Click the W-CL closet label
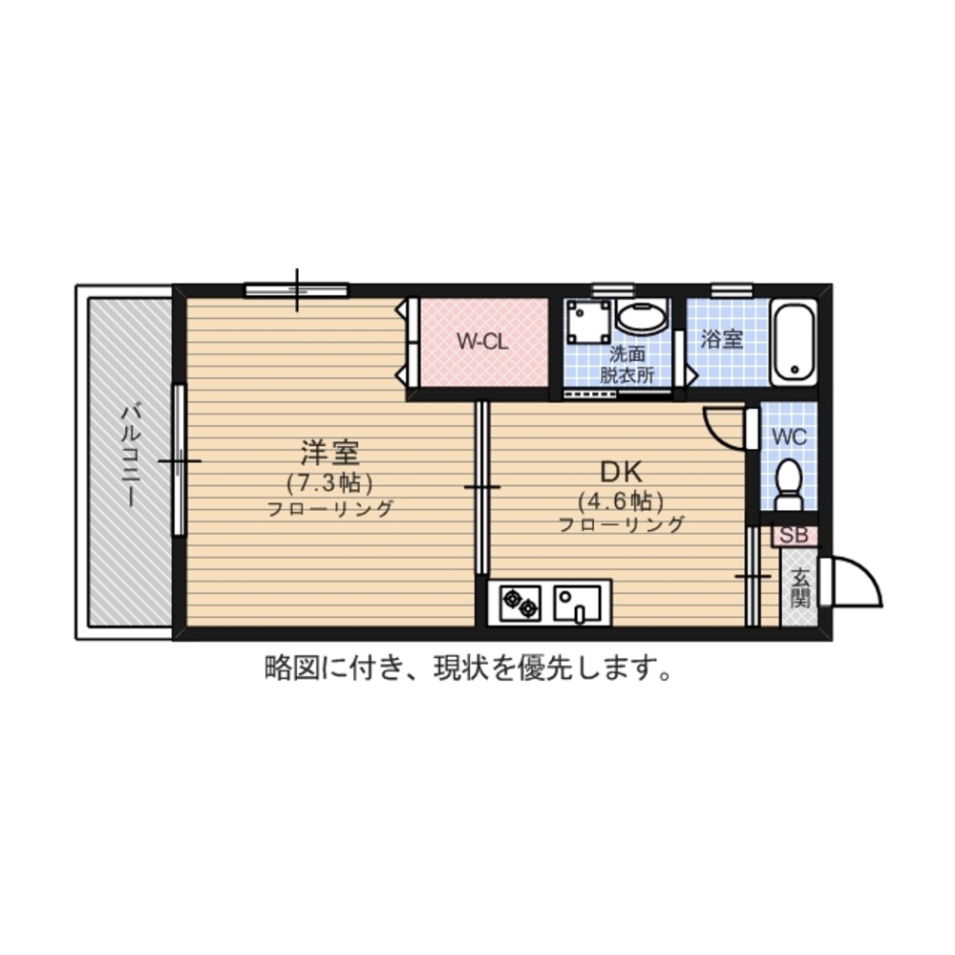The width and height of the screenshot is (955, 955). tap(482, 342)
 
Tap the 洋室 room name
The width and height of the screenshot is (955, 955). tap(330, 453)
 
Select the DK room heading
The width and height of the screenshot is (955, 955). tap(622, 472)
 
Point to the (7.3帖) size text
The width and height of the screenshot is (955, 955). tap(330, 483)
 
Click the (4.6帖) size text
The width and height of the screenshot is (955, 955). tap(622, 501)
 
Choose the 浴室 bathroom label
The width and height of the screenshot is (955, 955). tap(722, 339)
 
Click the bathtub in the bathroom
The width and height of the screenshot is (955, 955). tap(794, 342)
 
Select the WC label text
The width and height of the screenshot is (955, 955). tap(790, 436)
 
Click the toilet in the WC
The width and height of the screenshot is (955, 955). tap(790, 484)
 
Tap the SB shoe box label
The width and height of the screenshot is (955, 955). tap(795, 536)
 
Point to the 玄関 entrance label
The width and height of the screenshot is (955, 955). tap(800, 587)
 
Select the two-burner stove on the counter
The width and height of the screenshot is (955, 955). tap(520, 604)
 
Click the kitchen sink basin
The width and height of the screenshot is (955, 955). tap(576, 604)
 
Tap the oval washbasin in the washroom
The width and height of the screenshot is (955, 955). tap(642, 317)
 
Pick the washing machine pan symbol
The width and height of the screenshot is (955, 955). tap(587, 322)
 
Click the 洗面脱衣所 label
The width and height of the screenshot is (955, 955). tap(627, 364)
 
